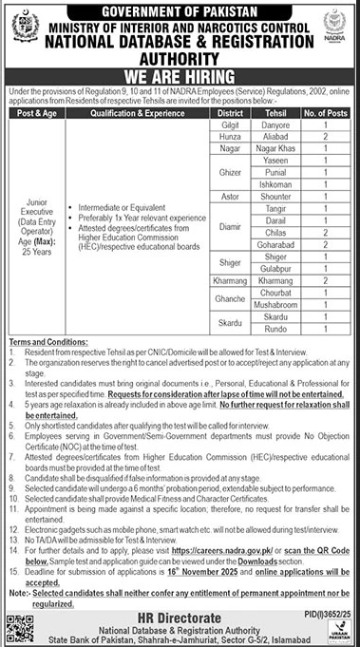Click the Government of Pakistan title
pyautogui.click(x=180, y=11)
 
